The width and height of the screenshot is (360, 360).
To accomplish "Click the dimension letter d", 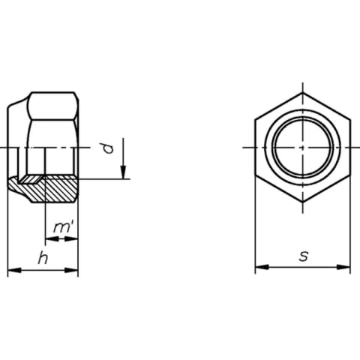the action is click(x=109, y=148).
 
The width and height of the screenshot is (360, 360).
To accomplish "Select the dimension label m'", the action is click(x=63, y=227).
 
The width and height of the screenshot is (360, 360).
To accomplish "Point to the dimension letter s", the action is click(x=304, y=256).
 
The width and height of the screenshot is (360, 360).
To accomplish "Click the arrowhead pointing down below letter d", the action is click(x=123, y=172).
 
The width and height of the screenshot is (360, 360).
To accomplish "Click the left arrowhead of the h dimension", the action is click(x=14, y=270).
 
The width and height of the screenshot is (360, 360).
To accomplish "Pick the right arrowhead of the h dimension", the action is click(x=71, y=270).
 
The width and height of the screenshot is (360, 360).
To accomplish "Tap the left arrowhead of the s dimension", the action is click(x=262, y=267).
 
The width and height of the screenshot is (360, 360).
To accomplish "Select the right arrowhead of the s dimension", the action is click(x=343, y=267).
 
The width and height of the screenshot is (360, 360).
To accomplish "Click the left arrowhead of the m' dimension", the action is click(x=52, y=239).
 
